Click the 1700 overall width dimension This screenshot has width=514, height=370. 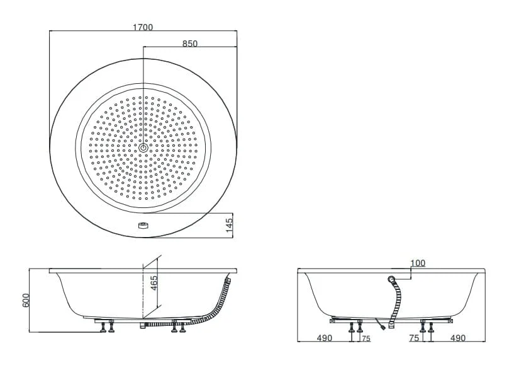143,27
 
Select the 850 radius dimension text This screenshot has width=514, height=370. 190,43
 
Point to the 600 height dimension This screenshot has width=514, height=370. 26,300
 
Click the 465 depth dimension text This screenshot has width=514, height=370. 154,283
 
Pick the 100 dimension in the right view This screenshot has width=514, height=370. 418,263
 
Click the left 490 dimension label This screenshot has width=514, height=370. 324,338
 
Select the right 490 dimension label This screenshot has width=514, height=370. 457,338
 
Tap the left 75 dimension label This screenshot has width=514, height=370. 366,338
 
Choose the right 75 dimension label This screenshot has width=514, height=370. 414,338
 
